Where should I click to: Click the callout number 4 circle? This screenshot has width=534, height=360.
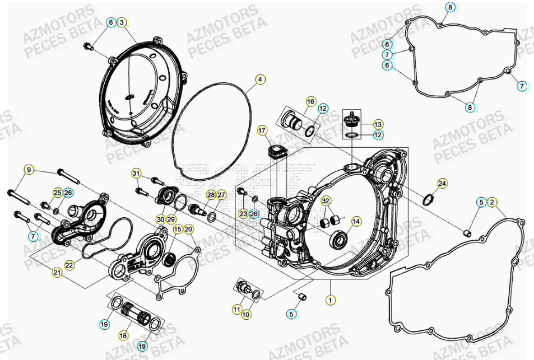click(260, 80)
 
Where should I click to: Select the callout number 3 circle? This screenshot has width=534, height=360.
click(123, 22)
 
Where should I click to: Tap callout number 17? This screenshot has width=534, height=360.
click(262, 131)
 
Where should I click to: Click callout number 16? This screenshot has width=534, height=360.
click(310, 101)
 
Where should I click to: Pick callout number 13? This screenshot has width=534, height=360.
click(378, 124)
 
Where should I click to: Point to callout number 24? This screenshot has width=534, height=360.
click(442, 183)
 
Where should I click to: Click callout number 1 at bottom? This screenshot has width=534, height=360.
click(331, 301)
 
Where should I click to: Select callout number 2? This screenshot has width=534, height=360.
click(491, 202)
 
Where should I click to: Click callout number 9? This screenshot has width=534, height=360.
click(29, 169)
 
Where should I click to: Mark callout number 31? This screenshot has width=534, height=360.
click(136, 173)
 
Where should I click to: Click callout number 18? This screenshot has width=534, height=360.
click(123, 335)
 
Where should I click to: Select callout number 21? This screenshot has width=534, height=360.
click(57, 272)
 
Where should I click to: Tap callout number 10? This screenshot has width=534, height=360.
click(247, 315)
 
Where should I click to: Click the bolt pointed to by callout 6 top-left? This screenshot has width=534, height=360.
click(87, 45)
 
